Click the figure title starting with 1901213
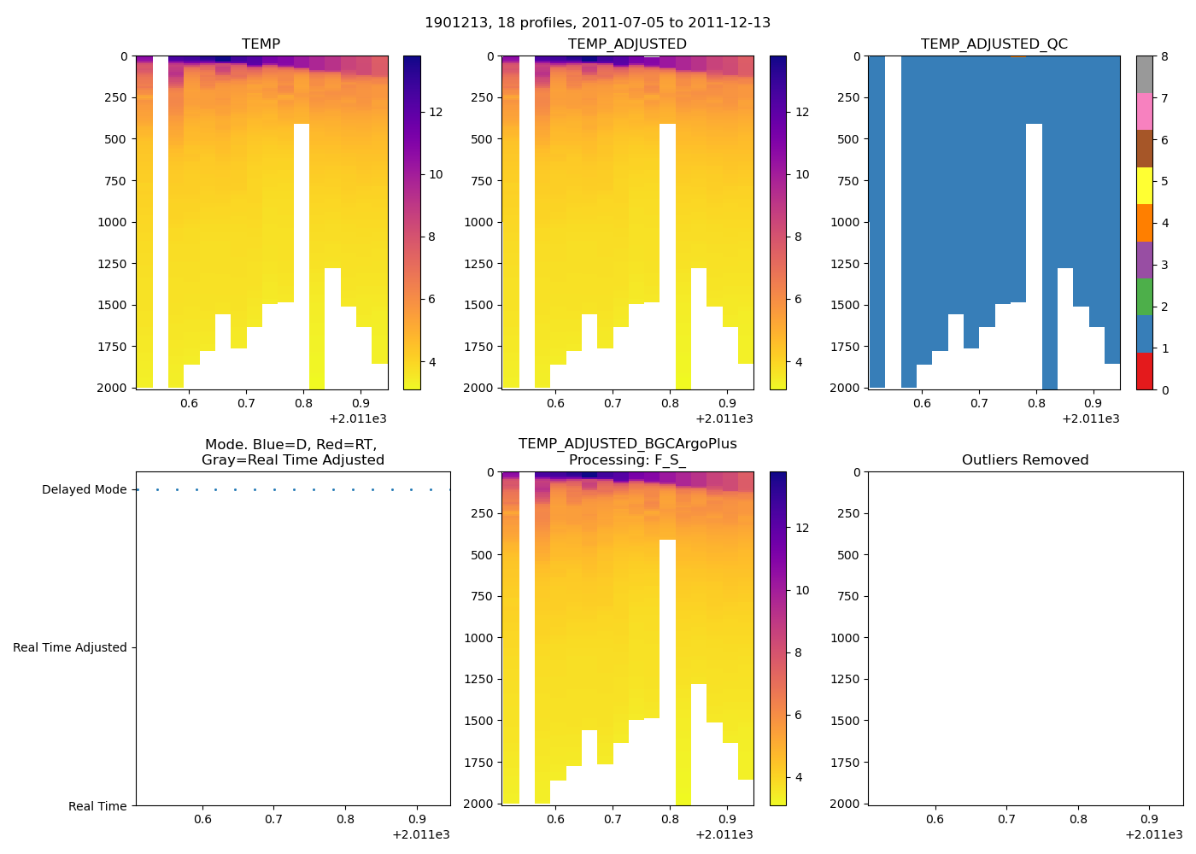click(597, 23)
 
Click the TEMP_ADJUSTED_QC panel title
click(994, 44)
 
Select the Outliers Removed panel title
click(1025, 460)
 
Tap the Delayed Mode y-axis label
click(84, 490)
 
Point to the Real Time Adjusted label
click(69, 648)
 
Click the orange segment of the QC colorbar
click(1145, 223)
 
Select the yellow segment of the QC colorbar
click(1145, 185)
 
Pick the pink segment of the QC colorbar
click(1145, 111)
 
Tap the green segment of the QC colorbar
click(1145, 297)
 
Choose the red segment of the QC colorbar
click(1145, 371)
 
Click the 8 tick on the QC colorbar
click(1164, 57)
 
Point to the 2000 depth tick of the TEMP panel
click(113, 388)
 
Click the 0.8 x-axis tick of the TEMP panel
click(303, 404)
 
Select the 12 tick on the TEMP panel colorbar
click(436, 113)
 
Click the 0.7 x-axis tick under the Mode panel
click(273, 820)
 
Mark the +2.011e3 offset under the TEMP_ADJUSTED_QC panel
click(1090, 419)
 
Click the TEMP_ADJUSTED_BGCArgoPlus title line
click(627, 444)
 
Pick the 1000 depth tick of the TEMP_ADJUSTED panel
click(479, 222)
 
